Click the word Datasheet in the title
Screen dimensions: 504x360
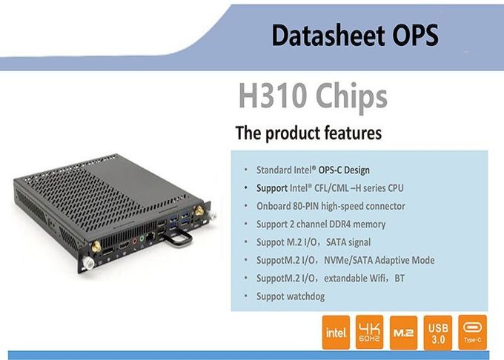pyautogui.click(x=328, y=35)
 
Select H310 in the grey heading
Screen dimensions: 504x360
pyautogui.click(x=272, y=96)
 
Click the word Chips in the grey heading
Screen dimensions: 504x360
pyautogui.click(x=351, y=97)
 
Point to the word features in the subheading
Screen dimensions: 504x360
pyautogui.click(x=353, y=133)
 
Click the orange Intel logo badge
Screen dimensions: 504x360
pyautogui.click(x=336, y=333)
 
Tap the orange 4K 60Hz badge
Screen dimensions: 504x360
pyautogui.click(x=369, y=333)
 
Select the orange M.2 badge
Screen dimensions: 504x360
pyautogui.click(x=403, y=333)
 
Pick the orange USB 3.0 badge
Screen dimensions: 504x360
pyautogui.click(x=438, y=333)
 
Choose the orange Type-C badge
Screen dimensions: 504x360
pyautogui.click(x=473, y=333)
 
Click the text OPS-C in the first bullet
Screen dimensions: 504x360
pyautogui.click(x=330, y=170)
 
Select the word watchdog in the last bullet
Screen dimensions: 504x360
pyautogui.click(x=306, y=296)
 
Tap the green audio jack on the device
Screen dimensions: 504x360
pyautogui.click(x=142, y=239)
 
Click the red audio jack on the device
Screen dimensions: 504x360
pyautogui.click(x=135, y=241)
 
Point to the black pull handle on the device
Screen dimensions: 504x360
pyautogui.click(x=177, y=239)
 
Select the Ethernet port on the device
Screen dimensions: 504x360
pyautogui.click(x=150, y=237)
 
